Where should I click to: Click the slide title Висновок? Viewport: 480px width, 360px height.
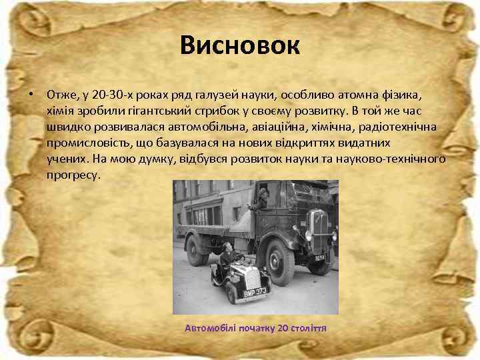coord(240,46)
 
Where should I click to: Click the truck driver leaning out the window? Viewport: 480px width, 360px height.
coord(262,198)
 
